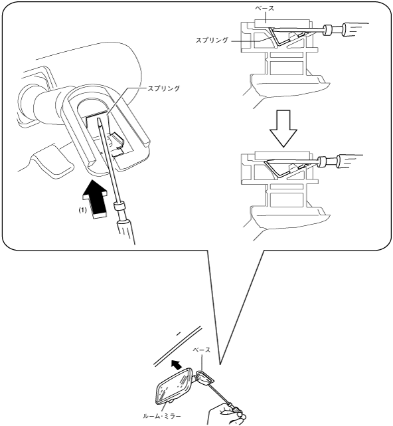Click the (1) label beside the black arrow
click(82, 210)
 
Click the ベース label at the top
click(265, 8)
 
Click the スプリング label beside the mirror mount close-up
click(163, 88)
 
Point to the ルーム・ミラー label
click(162, 416)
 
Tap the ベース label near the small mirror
click(201, 350)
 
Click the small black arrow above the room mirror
click(177, 365)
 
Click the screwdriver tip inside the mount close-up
click(98, 120)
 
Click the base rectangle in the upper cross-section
click(282, 23)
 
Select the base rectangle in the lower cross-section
click(282, 156)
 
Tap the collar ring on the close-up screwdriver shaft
click(119, 205)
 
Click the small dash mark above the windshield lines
click(179, 333)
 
